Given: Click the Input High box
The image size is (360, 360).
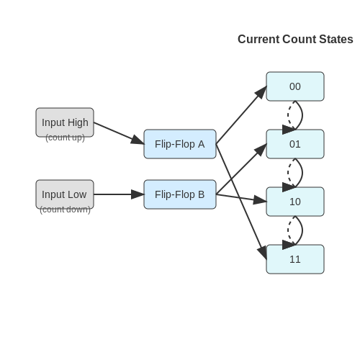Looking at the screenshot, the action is click(65, 122).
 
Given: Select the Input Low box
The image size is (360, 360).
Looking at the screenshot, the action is click(65, 194).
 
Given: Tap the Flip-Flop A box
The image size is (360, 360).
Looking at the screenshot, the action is click(180, 144).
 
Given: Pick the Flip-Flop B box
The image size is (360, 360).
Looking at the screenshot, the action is click(180, 194).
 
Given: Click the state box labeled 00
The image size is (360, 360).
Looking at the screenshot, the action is click(295, 86).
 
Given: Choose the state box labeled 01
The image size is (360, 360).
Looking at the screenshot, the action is click(295, 144).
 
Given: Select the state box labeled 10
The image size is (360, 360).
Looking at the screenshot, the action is click(295, 202).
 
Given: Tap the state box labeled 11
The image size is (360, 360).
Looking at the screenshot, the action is click(295, 259).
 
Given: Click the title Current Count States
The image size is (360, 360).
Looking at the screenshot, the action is click(295, 39).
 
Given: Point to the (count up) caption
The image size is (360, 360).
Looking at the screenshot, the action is click(65, 138).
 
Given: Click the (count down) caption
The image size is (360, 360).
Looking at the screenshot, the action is click(65, 210).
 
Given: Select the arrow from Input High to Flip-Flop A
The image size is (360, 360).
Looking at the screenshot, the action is click(119, 133).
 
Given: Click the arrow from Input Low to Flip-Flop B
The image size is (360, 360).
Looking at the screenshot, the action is click(119, 194).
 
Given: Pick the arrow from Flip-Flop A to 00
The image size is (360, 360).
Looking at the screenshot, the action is click(241, 115).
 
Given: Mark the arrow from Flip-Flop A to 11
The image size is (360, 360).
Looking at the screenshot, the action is click(241, 202).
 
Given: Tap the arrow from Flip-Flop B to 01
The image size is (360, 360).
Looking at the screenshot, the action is click(241, 169).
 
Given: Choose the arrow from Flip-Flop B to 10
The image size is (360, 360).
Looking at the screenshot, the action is click(241, 198).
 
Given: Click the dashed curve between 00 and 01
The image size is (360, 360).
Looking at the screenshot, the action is click(288, 115).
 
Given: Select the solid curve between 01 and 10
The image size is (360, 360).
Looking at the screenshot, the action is click(302, 173).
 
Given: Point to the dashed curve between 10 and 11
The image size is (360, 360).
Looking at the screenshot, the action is click(288, 230).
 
